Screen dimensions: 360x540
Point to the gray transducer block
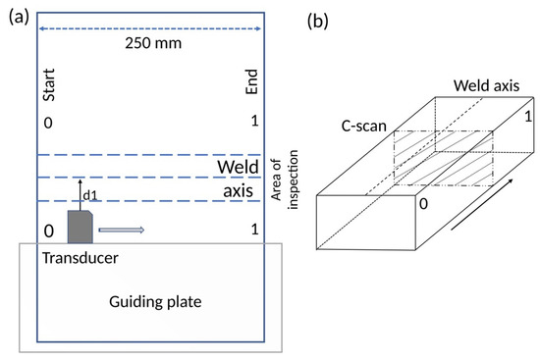pos(79,227)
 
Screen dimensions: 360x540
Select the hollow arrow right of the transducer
pos(122,230)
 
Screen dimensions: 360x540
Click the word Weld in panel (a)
pos(237,167)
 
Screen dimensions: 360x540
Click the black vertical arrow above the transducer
pos(81,193)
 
